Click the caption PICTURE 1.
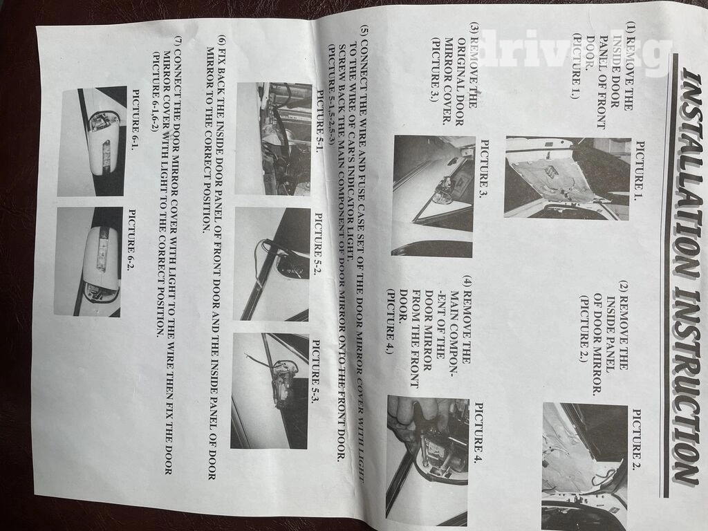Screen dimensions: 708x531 click(640, 171)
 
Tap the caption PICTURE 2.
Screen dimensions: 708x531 click(637, 440)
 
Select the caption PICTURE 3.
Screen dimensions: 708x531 click(483, 169)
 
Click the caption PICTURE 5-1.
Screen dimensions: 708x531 click(320, 120)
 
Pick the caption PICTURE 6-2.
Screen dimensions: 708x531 click(133, 241)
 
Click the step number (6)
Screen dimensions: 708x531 click(221, 41)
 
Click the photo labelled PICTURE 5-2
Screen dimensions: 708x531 click(272, 264)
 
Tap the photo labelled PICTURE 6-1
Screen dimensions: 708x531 click(92, 141)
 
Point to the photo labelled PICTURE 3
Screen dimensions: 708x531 click(434, 196)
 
